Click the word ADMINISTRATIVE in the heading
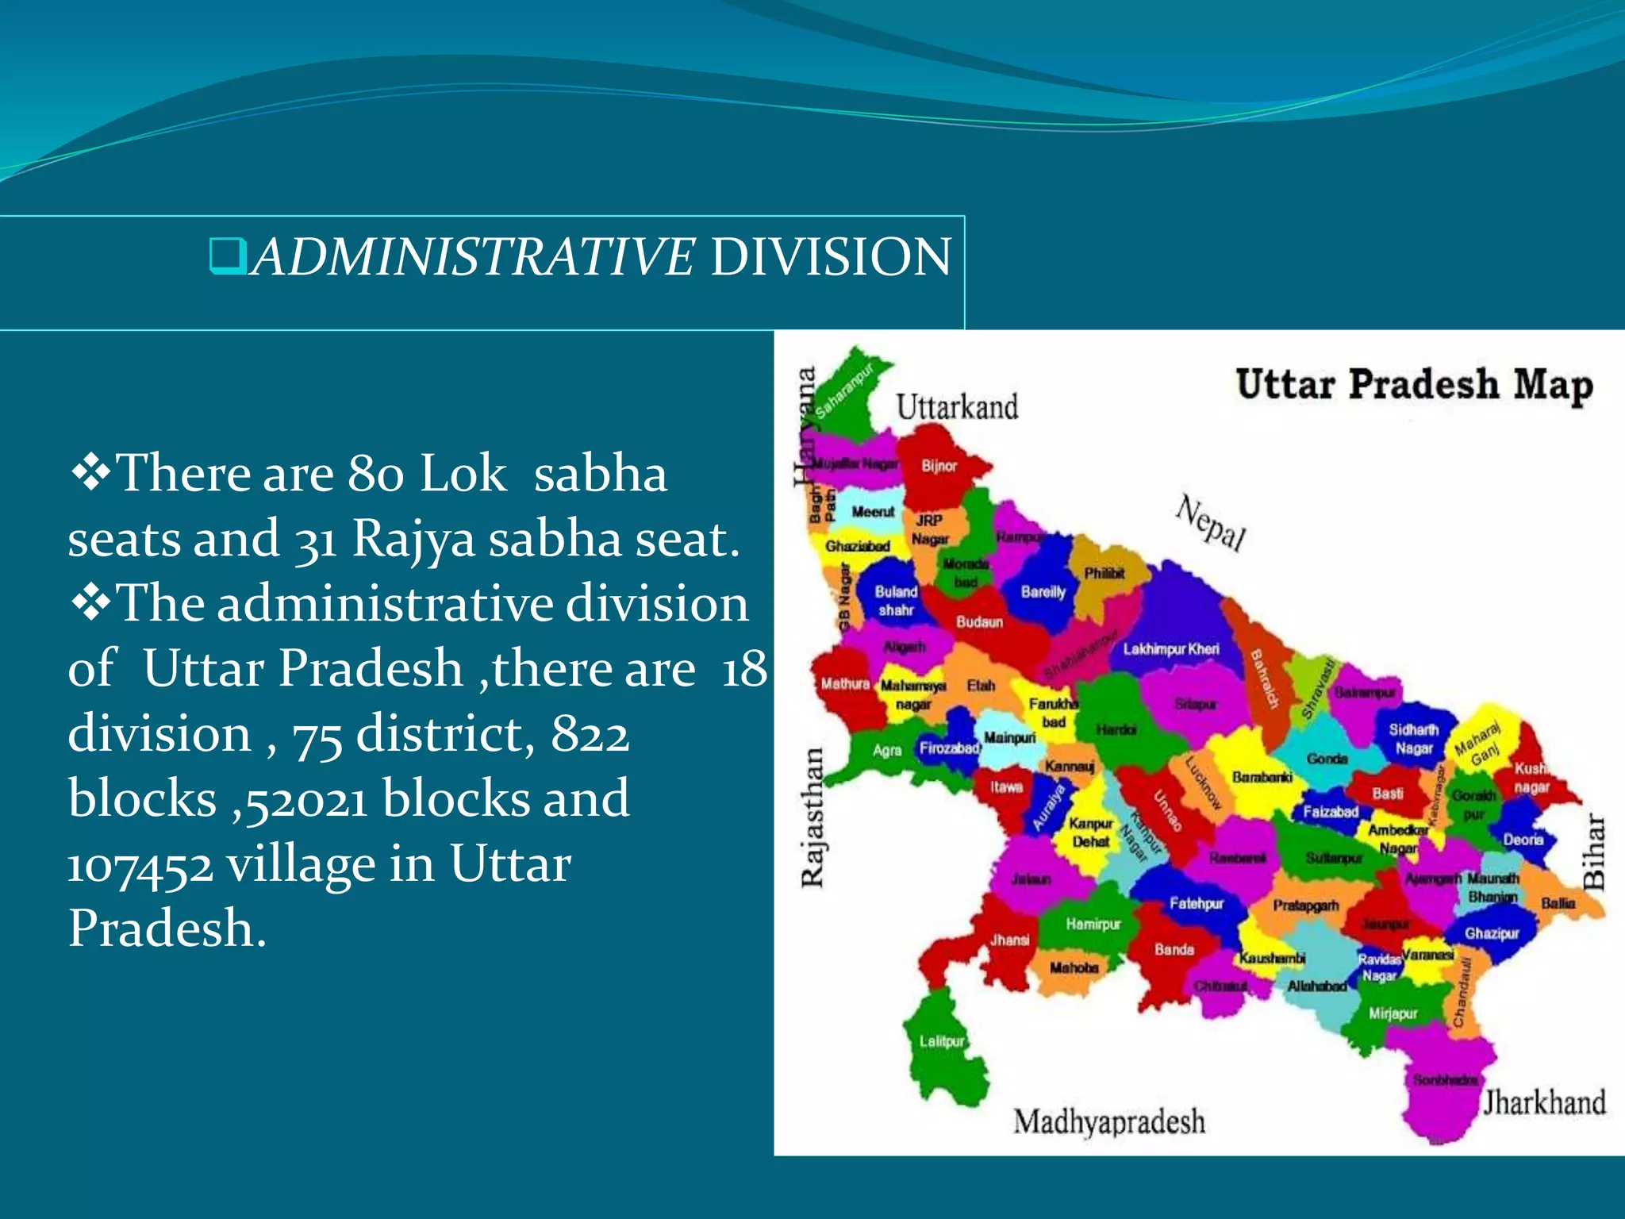pyautogui.click(x=473, y=257)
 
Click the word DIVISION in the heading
pyautogui.click(x=830, y=257)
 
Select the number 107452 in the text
pyautogui.click(x=140, y=865)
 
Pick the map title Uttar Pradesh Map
pyautogui.click(x=1414, y=386)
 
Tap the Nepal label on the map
pyautogui.click(x=1211, y=522)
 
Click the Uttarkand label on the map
pyautogui.click(x=957, y=408)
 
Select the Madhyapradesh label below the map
pyautogui.click(x=1108, y=1122)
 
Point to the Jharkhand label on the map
pyautogui.click(x=1544, y=1103)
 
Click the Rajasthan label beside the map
pyautogui.click(x=812, y=817)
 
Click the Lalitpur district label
pyautogui.click(x=942, y=1041)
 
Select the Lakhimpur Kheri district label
pyautogui.click(x=1171, y=649)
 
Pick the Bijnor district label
pyautogui.click(x=939, y=466)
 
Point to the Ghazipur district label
pyautogui.click(x=1492, y=933)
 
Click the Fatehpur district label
pyautogui.click(x=1197, y=903)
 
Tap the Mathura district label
pyautogui.click(x=845, y=683)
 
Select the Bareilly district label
pyautogui.click(x=1043, y=592)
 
